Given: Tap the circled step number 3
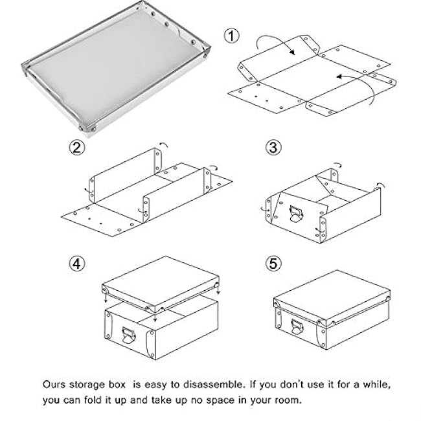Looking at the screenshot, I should click(275, 148).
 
